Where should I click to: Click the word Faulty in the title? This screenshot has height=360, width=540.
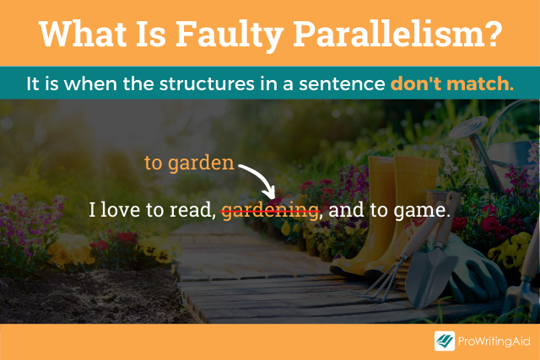click(229, 35)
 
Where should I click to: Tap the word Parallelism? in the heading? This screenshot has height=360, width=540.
click(397, 34)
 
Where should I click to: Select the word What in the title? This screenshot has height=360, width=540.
click(83, 34)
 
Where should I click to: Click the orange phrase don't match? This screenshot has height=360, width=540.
click(452, 83)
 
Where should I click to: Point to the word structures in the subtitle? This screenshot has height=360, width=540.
click(207, 83)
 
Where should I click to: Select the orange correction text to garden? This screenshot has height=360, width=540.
click(189, 163)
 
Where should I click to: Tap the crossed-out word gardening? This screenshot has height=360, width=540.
click(270, 210)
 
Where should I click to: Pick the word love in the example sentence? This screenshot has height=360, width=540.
click(121, 209)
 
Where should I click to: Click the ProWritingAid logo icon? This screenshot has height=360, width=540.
click(445, 341)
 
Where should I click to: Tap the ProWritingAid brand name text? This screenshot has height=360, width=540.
click(494, 341)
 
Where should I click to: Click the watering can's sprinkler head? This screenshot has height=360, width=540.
click(467, 127)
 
